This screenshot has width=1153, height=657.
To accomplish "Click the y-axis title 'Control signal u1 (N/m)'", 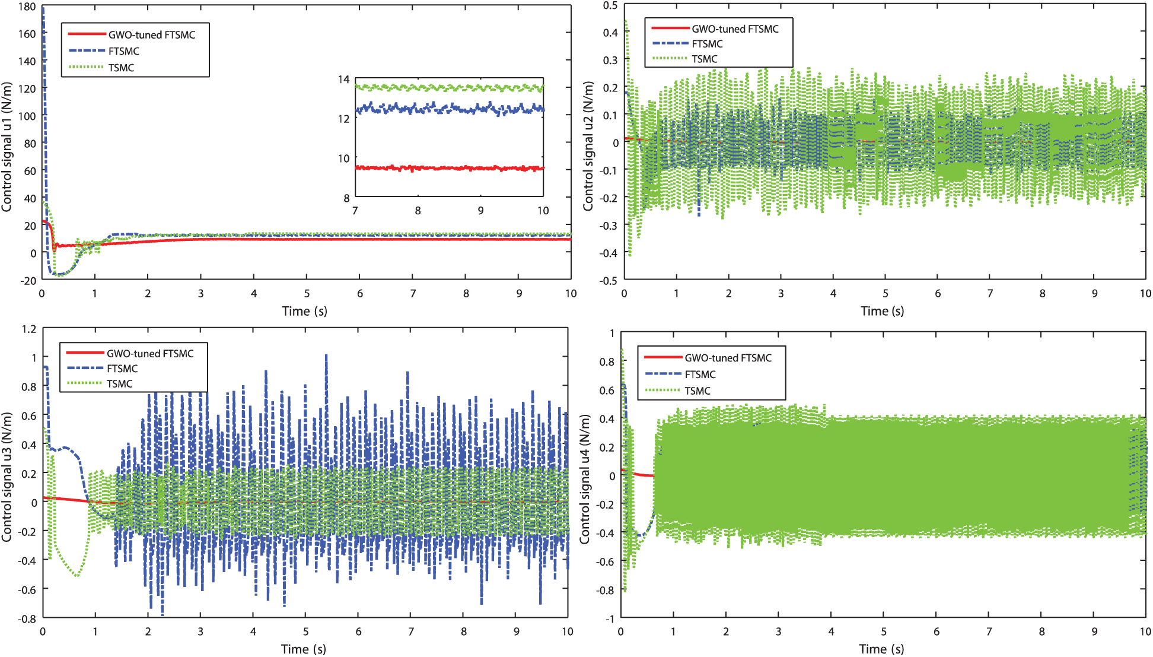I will pos(7,147).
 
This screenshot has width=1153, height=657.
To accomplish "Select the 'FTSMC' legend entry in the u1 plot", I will pos(123,51).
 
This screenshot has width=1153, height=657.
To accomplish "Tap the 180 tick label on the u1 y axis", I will pos(27,7).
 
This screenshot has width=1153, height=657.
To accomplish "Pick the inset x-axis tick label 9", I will pos(480,211).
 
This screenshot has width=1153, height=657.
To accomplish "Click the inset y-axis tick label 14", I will pos(344,80).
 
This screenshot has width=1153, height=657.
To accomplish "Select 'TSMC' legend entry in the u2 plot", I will pos(704,59).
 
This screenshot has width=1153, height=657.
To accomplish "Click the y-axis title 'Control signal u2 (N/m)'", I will pos(588,146).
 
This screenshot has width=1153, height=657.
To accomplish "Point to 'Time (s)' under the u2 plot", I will pos(882,311).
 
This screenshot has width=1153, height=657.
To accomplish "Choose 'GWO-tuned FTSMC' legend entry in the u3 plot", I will pos(149,354).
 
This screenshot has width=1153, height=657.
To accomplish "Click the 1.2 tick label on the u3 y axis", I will pos(28,329).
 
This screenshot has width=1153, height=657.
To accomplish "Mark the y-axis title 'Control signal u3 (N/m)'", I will pos(7,477).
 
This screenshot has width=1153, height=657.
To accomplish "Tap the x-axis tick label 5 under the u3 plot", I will pos(306,631).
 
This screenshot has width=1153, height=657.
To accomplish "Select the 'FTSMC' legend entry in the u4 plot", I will pos(700,374).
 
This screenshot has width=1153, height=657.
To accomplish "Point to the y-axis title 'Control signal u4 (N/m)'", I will pos(585,479).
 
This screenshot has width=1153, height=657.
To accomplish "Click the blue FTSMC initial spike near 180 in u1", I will pos(43,24).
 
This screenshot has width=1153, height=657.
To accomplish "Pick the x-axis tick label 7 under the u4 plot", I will pos(989,631).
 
